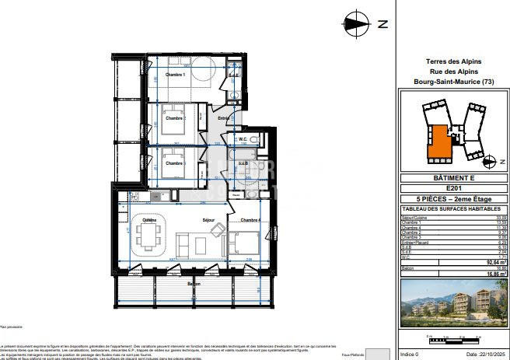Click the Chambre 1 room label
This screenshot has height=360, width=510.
pyautogui.click(x=176, y=75)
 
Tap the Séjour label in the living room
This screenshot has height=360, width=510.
pyautogui.click(x=208, y=221)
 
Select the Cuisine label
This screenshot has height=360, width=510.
pyautogui.click(x=148, y=221)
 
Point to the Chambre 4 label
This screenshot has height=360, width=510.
pyautogui.click(x=250, y=221)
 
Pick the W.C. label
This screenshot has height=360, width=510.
pyautogui.click(x=242, y=140)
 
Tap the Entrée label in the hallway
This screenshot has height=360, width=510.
pyautogui.click(x=224, y=118)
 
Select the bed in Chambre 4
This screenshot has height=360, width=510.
pyautogui.click(x=246, y=243)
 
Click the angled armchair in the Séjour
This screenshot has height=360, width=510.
pyautogui.click(x=219, y=231)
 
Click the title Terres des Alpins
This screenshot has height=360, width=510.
pyautogui.click(x=454, y=61)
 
